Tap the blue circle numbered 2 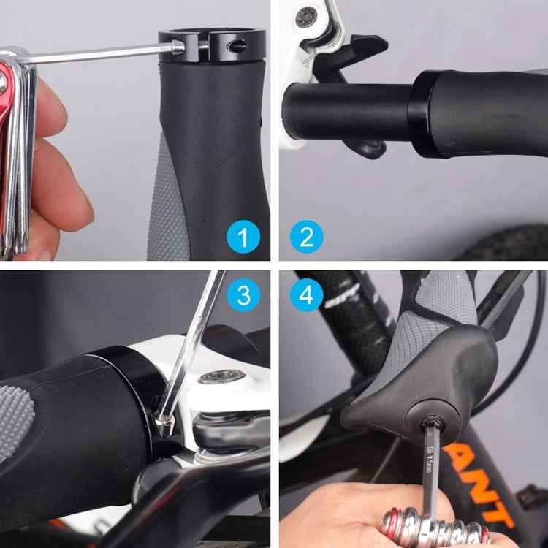[x=306, y=237]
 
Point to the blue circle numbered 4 [x=306, y=295]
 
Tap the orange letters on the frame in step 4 [x=504, y=475]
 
